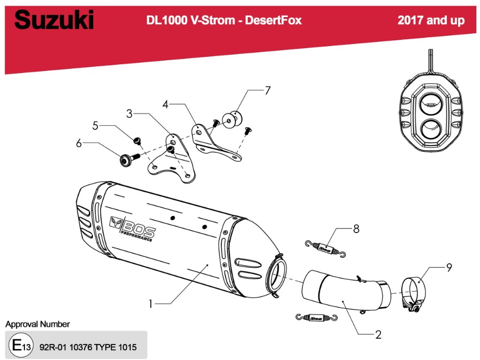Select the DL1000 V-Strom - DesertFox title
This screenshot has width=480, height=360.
tap(224, 20)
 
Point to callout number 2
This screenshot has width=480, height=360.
tap(378, 335)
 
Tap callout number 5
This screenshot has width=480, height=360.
tap(95, 125)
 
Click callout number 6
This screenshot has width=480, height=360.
tap(79, 143)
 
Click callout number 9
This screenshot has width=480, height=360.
tap(449, 267)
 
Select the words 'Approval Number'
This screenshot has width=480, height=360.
tap(37, 324)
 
